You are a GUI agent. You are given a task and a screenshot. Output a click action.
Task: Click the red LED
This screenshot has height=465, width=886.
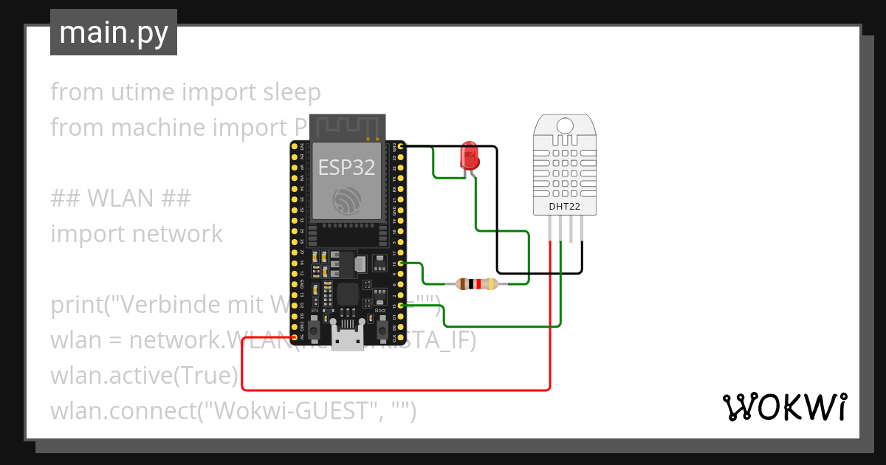pos(469,156)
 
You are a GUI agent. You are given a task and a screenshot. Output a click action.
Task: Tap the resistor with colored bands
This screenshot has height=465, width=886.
pos(477,284)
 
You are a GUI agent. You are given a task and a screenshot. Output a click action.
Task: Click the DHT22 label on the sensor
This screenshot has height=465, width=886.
pos(563,207)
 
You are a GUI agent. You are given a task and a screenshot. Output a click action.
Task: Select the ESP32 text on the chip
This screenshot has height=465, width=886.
pos(346,168)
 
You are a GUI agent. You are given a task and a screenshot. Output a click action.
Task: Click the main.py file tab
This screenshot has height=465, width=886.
pos(114,32)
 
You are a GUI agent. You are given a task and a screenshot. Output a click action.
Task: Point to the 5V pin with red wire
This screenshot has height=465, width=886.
pos(295,338)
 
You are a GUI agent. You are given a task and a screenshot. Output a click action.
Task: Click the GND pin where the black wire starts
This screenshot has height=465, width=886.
pos(399,146)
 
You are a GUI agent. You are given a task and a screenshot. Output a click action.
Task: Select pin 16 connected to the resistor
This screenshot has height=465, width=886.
pos(399,263)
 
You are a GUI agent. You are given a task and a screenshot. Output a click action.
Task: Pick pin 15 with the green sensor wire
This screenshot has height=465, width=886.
pos(399,306)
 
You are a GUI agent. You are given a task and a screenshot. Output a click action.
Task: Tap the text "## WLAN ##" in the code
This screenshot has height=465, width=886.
pos(121,199)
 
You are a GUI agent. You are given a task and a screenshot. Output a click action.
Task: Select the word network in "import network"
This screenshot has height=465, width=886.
pos(177,234)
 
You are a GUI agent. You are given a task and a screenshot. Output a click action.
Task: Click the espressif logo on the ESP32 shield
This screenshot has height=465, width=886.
pos(346,201)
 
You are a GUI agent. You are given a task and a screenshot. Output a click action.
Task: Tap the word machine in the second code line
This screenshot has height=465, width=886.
pos(157,128)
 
